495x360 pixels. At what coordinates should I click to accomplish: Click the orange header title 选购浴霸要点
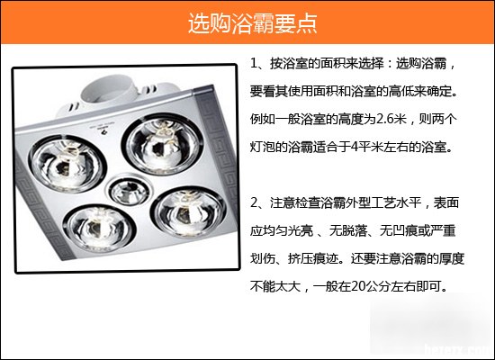pos(253,22)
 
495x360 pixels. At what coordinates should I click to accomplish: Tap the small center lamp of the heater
pos(129,191)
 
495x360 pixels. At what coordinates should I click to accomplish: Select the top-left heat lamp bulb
pos(67,164)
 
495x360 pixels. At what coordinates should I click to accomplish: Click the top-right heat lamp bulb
pos(163,145)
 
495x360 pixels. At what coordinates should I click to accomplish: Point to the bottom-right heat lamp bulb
pos(188,212)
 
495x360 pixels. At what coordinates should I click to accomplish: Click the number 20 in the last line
pos(358,286)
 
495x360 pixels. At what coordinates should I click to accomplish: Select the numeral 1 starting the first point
pos(254,64)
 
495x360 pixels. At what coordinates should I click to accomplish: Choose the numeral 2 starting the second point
pos(254,202)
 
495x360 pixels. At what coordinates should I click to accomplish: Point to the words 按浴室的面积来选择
pos(327,64)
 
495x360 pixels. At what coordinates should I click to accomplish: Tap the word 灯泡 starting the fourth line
pos(262,148)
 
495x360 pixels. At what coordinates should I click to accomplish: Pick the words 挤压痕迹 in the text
pos(313,259)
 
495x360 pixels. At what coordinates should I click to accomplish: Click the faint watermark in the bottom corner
pos(459,350)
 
